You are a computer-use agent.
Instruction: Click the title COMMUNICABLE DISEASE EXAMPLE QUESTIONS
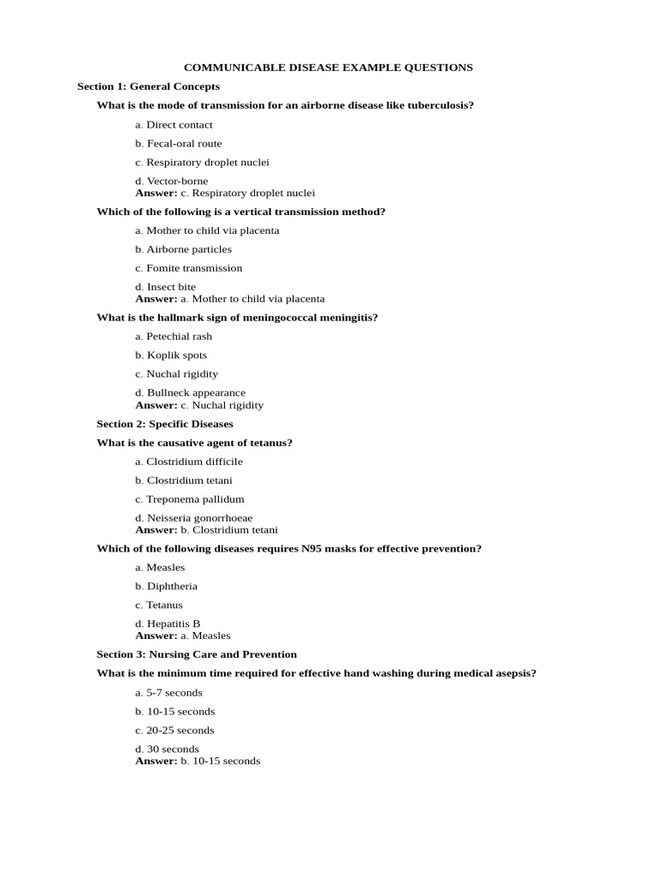tap(328, 68)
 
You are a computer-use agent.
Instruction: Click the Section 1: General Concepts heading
tap(148, 87)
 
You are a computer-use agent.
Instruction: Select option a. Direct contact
tap(174, 125)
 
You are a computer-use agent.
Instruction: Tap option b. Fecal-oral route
tap(178, 144)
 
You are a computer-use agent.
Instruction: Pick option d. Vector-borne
tap(171, 181)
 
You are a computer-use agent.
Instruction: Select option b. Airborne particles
tap(183, 249)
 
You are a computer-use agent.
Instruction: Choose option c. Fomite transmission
tap(188, 268)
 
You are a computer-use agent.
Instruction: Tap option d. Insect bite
tap(165, 287)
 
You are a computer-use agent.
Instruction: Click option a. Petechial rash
tap(174, 337)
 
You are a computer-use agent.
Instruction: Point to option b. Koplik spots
tap(171, 355)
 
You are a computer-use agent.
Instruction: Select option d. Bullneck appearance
tap(190, 393)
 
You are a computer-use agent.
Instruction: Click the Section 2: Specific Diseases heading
tap(164, 424)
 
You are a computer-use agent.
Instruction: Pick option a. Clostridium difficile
tap(189, 462)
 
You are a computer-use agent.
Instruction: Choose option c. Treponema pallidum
tap(190, 499)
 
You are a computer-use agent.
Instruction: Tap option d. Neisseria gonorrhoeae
tap(193, 518)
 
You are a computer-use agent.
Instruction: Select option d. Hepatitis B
tap(168, 623)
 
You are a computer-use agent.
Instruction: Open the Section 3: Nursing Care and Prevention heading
tap(197, 654)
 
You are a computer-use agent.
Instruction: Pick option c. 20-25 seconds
tap(175, 731)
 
